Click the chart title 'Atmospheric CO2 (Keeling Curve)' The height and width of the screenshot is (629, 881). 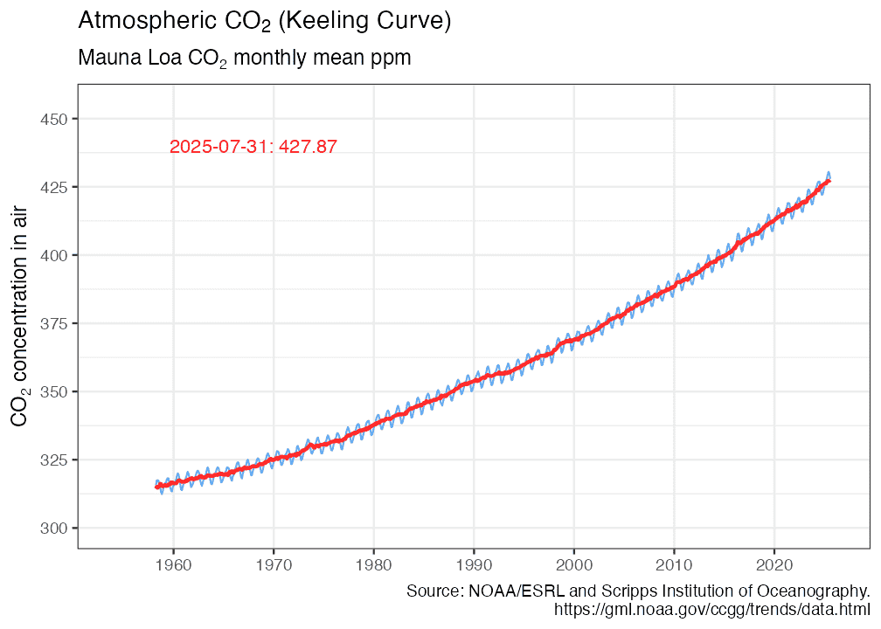coord(264,21)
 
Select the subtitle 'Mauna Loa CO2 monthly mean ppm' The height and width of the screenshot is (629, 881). coord(244,59)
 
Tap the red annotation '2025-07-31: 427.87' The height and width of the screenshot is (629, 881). coord(253,147)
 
